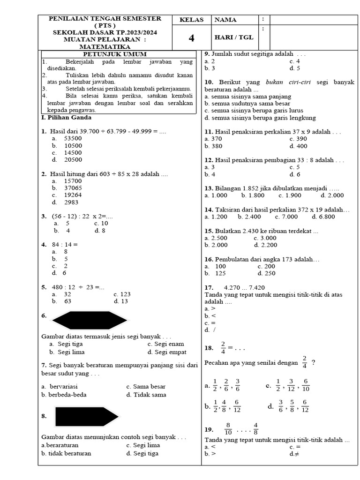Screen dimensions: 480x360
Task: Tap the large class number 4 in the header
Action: [x=191, y=38]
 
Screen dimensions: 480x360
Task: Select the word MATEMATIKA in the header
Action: [x=105, y=47]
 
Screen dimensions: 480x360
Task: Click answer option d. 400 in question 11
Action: [x=298, y=146]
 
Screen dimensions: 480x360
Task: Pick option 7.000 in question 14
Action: [x=289, y=217]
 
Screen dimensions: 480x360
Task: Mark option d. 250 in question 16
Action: [x=266, y=273]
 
